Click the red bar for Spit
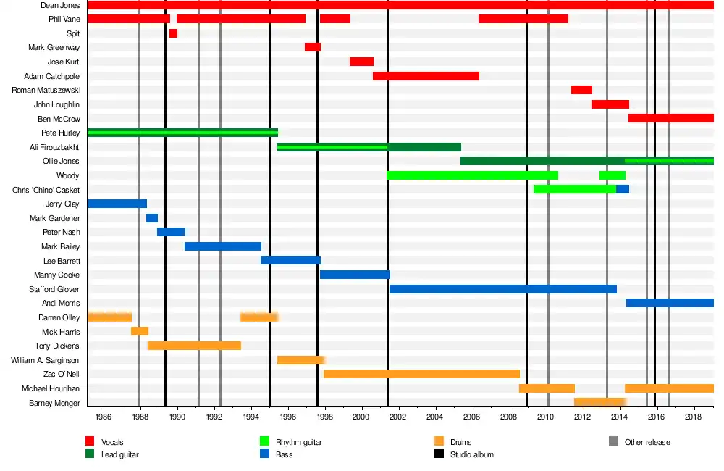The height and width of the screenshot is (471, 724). (173, 33)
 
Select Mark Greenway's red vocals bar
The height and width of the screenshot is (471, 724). (313, 47)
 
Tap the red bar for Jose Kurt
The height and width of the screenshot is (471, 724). (361, 62)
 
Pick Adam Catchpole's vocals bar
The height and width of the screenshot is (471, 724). (426, 76)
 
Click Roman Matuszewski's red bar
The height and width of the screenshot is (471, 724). (581, 90)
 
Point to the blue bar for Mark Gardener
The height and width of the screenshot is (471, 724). (152, 218)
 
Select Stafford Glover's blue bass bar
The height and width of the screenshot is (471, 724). (503, 289)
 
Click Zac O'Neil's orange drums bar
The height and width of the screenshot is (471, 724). (421, 374)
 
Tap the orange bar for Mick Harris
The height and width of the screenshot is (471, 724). (140, 331)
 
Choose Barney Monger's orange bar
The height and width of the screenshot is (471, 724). (599, 402)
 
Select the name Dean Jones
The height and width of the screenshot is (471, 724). (60, 5)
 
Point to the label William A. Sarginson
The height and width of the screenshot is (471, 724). (45, 360)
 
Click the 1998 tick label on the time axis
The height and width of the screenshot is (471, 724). (325, 418)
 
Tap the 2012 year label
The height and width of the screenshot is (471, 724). (583, 418)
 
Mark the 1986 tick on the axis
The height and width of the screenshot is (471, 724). (104, 418)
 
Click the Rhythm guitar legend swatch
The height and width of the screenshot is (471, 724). (264, 441)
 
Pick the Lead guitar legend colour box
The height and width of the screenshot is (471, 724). (90, 454)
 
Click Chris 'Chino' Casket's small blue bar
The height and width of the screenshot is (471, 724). (623, 189)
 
